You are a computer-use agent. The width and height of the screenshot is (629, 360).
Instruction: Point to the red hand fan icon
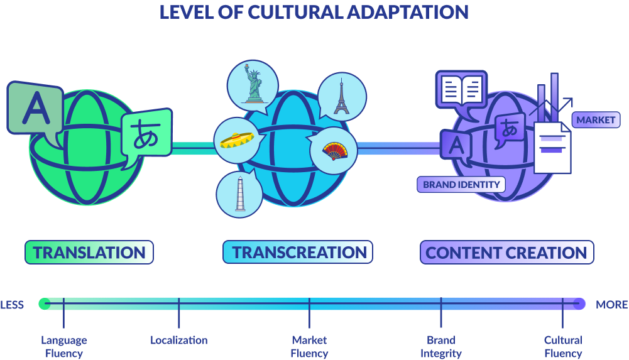point(334,151)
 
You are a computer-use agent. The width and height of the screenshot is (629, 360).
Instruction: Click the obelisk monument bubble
point(239,193)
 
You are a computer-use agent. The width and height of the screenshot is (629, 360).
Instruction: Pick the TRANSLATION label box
point(89,253)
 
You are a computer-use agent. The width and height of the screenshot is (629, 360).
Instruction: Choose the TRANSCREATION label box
point(298,253)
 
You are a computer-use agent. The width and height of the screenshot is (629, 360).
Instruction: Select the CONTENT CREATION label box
point(506,253)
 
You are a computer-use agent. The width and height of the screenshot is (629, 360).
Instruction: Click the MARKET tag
point(595,120)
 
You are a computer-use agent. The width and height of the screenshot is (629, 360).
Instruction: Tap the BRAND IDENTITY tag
point(462,185)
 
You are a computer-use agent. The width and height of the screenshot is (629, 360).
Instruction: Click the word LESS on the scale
point(12,305)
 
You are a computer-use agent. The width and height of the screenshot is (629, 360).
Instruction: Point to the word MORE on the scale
point(611,305)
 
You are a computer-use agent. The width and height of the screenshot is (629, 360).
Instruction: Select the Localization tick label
point(179,341)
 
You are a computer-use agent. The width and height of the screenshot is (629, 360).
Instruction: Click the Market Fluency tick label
point(309,347)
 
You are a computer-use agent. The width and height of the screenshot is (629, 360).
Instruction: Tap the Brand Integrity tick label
point(441,347)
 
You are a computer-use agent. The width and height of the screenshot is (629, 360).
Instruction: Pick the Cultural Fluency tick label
point(563,347)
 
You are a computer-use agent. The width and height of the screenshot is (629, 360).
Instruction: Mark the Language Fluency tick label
point(64,347)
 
